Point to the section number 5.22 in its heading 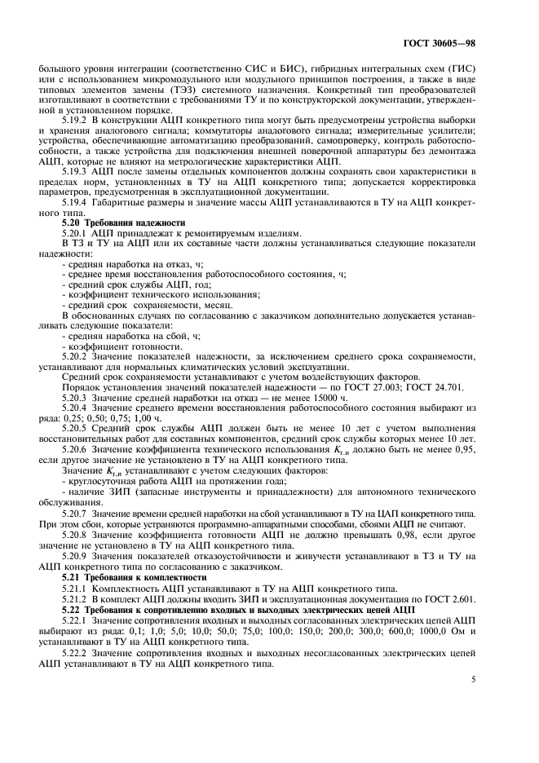(73, 609)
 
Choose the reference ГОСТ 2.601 (457, 598)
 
